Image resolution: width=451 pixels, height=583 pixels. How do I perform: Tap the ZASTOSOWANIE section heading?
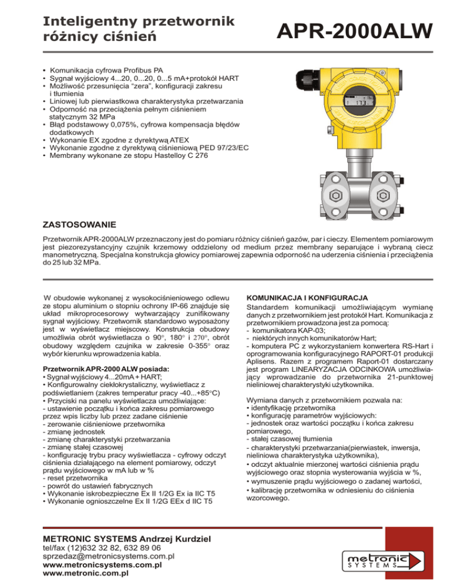[80, 225]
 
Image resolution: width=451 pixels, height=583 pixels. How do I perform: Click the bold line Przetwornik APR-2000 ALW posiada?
[106, 368]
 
